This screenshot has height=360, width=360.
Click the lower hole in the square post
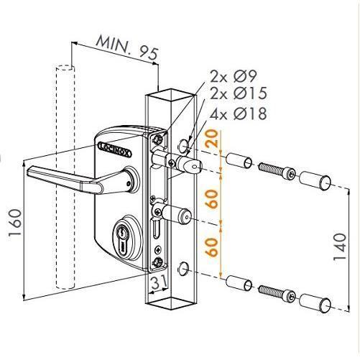185,268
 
